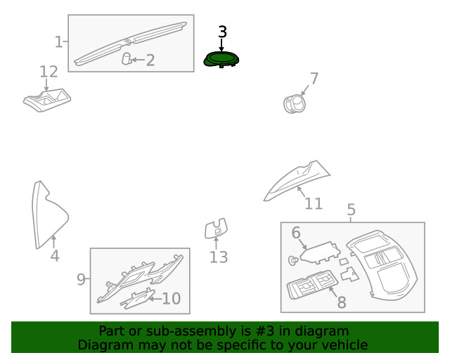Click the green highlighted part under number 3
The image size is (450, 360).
click(221, 60)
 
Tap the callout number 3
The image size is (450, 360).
click(222, 32)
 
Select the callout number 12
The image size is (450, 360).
click(49, 72)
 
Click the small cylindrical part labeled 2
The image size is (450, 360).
click(127, 58)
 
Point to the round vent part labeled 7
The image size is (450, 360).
click(295, 103)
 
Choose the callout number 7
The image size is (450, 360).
click(314, 78)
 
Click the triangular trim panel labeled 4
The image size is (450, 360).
click(49, 214)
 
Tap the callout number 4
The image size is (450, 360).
click(55, 255)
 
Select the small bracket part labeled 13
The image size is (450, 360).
click(216, 229)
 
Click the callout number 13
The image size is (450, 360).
click(219, 257)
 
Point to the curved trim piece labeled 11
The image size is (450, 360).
click(297, 180)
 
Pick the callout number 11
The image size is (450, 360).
click(314, 203)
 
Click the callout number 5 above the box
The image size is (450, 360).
click(352, 210)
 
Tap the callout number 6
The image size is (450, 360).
click(296, 233)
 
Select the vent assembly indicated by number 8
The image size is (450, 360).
click(311, 285)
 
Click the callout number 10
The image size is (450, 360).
click(172, 299)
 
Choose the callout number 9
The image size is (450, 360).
click(82, 279)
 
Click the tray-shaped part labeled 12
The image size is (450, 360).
click(47, 100)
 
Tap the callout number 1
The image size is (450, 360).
click(58, 42)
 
